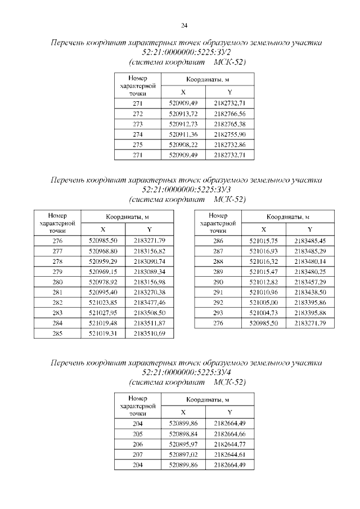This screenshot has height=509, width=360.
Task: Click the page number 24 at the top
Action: [184, 25]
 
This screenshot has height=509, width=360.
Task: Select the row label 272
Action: [138, 114]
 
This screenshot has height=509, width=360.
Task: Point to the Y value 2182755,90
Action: [229, 134]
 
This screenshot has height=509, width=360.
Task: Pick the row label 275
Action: [138, 145]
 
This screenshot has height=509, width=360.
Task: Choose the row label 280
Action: [57, 282]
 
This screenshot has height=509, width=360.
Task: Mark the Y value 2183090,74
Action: [150, 262]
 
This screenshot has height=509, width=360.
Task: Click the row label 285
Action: [57, 334]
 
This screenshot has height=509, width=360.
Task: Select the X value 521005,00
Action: [264, 303]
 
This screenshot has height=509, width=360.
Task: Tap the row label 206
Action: [138, 444]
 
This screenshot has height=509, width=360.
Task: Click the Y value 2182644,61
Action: [229, 454]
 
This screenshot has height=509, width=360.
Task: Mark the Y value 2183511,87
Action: [150, 323]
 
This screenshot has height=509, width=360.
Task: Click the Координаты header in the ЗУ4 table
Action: [206, 400]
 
